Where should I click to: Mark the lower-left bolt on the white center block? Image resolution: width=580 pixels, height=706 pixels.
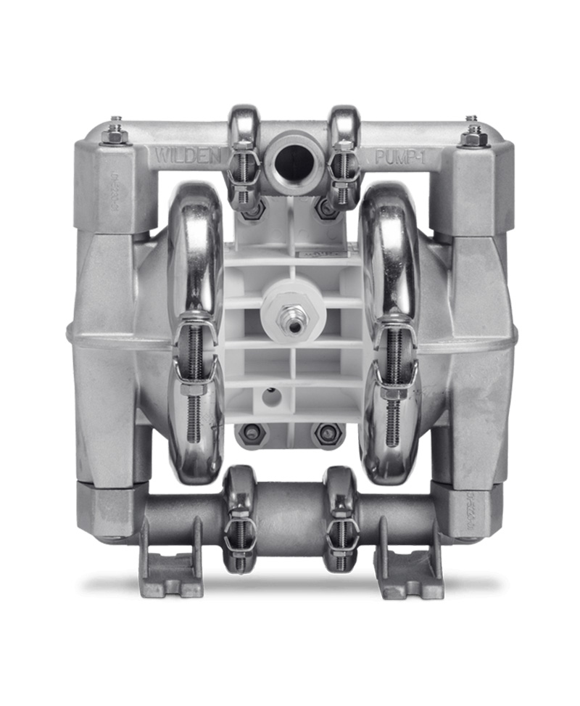pos(252,433)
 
